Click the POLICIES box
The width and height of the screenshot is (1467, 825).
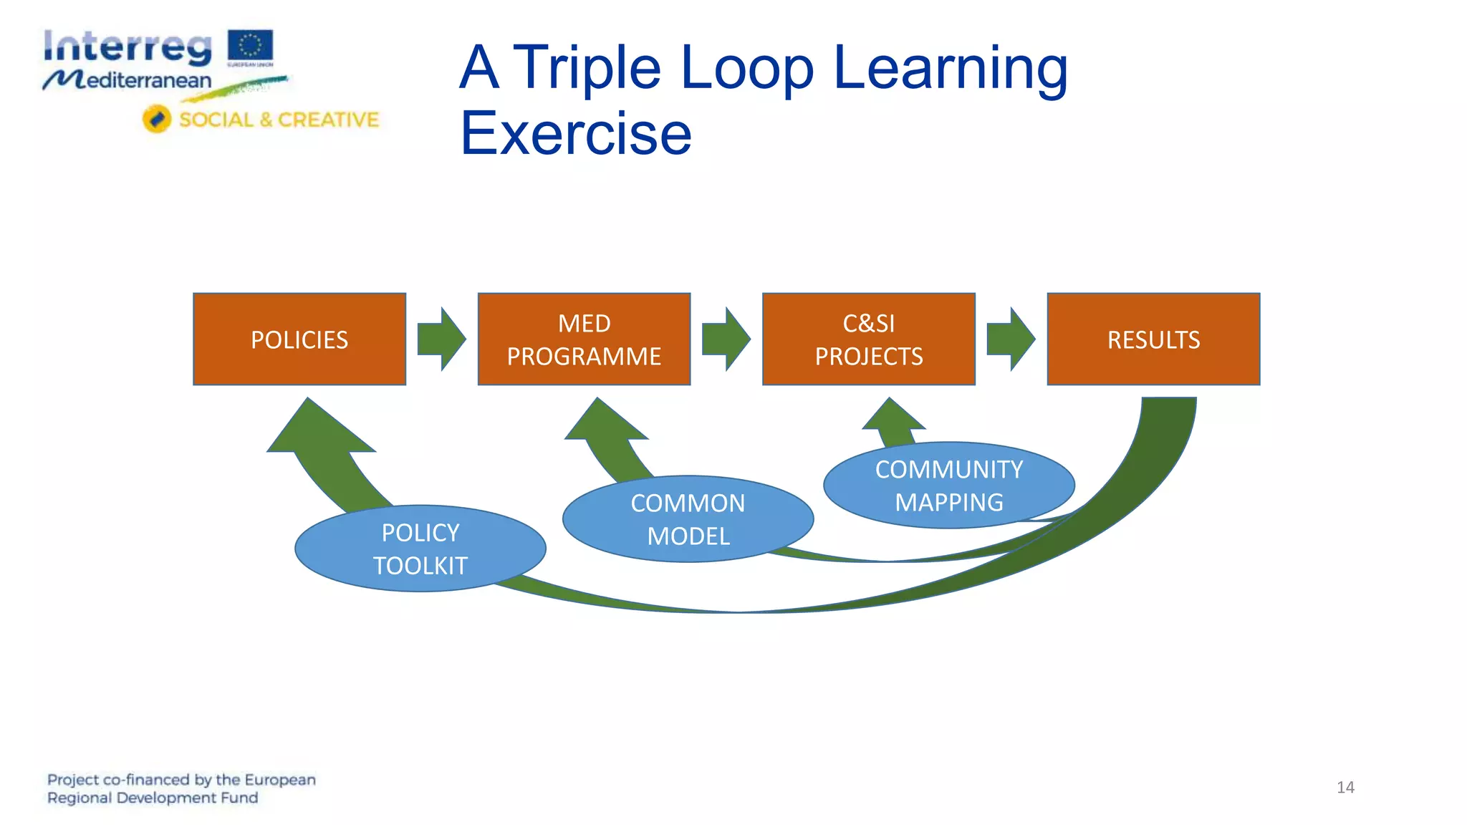(x=299, y=339)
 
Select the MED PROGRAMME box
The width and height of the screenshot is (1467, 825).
(x=584, y=339)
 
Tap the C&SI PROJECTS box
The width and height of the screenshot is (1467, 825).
(x=868, y=339)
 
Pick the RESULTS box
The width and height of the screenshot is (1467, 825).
(x=1153, y=339)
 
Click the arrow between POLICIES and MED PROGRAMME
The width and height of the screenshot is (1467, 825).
(x=441, y=339)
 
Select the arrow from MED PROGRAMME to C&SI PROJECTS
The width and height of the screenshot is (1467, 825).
(x=726, y=339)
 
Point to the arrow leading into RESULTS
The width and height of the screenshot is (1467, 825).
(x=1010, y=339)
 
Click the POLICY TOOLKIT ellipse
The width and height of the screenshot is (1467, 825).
(x=420, y=549)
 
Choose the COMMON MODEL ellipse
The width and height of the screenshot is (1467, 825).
(x=688, y=519)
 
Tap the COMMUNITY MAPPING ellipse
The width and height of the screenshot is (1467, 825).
(x=948, y=486)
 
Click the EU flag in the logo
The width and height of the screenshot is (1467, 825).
(x=251, y=46)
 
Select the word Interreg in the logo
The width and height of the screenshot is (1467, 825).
(x=128, y=47)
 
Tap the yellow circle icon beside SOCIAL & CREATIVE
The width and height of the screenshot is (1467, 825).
(x=157, y=119)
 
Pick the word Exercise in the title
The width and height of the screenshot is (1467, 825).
(x=576, y=133)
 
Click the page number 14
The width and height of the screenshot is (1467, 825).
(x=1345, y=787)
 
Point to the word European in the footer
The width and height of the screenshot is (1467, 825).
(x=280, y=779)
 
